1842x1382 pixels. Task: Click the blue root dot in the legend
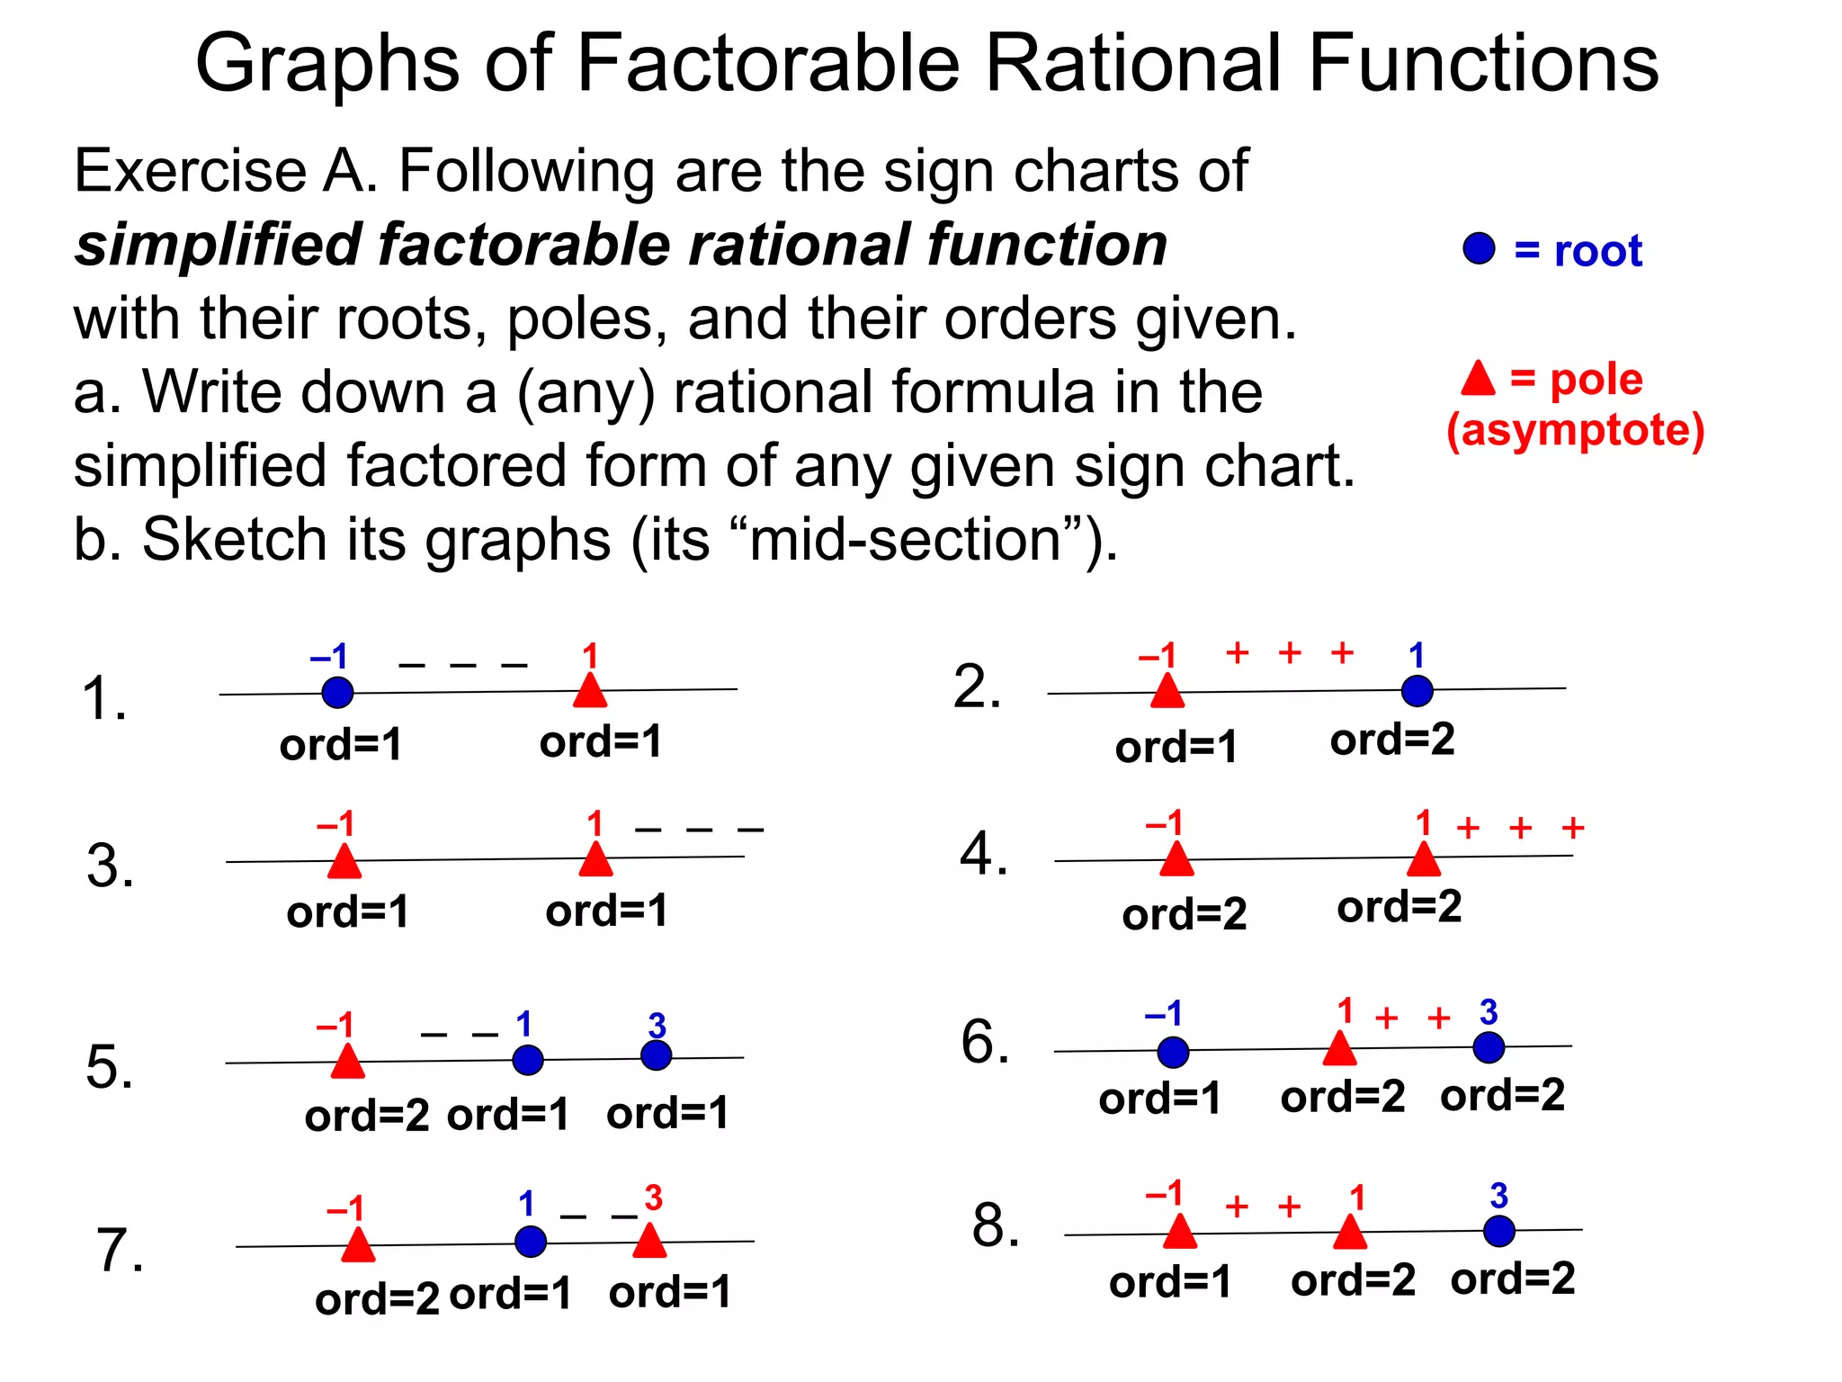tap(1479, 248)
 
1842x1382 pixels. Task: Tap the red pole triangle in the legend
tap(1478, 380)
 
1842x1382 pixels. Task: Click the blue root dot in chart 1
tap(337, 692)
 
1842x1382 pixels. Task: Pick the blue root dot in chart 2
tap(1417, 691)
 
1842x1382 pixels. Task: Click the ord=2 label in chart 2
tap(1392, 740)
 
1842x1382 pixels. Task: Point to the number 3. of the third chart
tap(110, 866)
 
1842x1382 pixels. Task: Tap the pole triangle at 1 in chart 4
tap(1423, 859)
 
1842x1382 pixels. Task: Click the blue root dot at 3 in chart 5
tap(656, 1055)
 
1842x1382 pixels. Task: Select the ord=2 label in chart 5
tap(367, 1117)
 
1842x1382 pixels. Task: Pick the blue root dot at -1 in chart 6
tap(1173, 1051)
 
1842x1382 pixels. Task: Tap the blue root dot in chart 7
tap(531, 1242)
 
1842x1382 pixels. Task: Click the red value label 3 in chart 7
tap(653, 1198)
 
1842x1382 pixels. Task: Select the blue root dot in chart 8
tap(1498, 1231)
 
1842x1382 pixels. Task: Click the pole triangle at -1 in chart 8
tap(1179, 1233)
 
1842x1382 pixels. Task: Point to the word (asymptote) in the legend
tap(1575, 430)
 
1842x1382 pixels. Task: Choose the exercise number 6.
tap(985, 1042)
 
